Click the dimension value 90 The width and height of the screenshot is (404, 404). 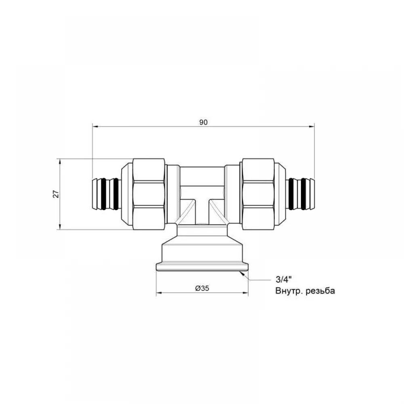coord(203,122)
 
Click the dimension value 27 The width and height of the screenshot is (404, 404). coord(56,194)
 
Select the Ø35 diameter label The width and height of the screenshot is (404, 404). coord(202,288)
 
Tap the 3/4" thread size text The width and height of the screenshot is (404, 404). coord(284,279)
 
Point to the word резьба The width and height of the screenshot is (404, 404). coord(320,291)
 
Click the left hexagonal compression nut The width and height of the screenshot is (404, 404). coord(149,194)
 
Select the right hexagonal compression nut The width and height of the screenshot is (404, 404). coord(258,194)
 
